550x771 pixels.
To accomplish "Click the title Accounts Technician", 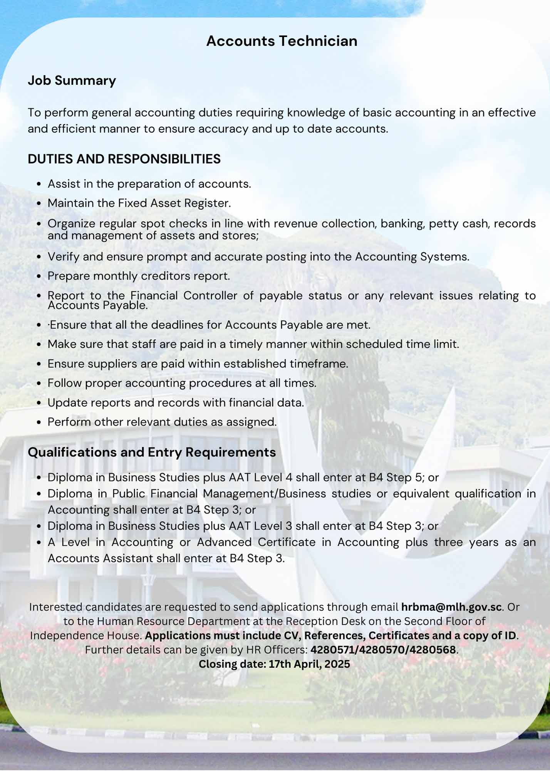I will coord(282,41).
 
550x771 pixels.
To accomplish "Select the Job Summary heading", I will coord(72,81).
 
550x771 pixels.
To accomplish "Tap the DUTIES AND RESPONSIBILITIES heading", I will coord(124,159).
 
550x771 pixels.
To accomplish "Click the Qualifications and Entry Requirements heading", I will coord(152,452).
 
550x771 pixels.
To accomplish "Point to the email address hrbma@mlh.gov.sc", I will coord(451,607).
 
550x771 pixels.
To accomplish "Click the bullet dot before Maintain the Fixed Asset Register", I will coord(39,204).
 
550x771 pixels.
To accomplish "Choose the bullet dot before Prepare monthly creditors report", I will coord(39,276).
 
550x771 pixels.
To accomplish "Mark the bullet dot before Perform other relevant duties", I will coord(39,422).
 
